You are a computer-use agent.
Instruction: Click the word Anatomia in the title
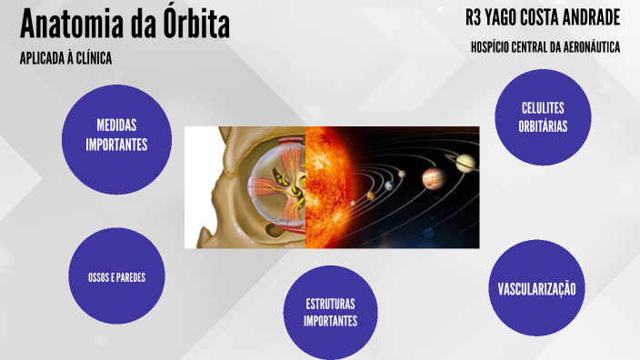(69, 25)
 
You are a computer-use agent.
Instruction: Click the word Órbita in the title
(194, 25)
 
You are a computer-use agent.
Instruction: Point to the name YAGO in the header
(509, 19)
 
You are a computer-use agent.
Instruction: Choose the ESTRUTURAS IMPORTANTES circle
(331, 312)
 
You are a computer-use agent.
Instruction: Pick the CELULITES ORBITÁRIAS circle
(544, 117)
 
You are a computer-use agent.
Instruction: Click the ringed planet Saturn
(465, 163)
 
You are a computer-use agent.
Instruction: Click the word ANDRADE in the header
(591, 19)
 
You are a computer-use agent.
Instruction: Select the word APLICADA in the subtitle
(39, 58)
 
